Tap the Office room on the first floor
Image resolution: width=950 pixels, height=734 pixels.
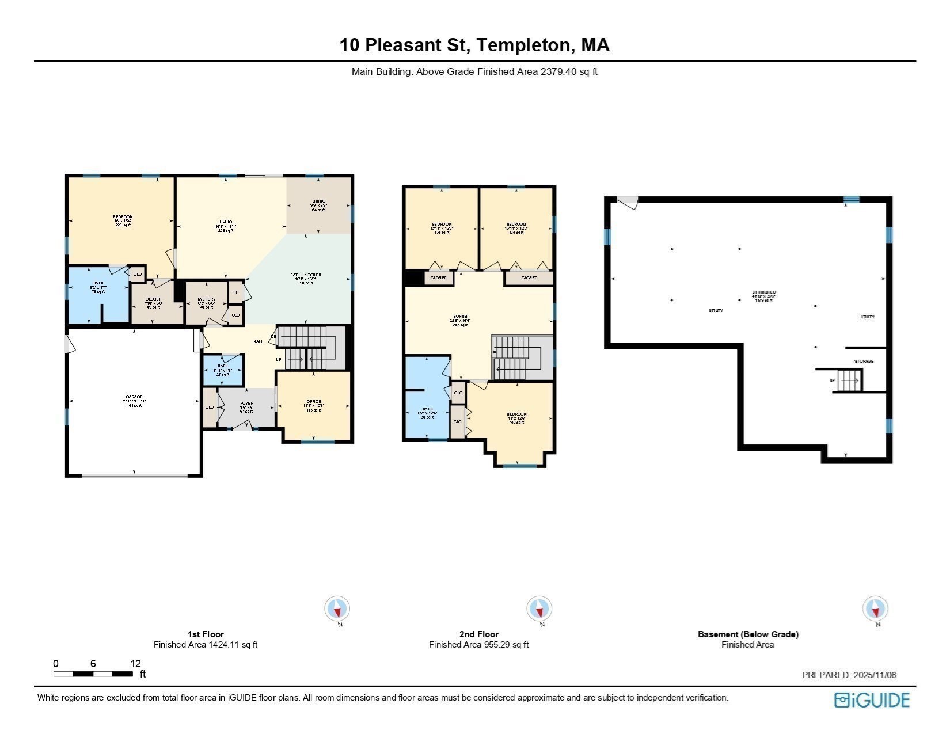[314, 405]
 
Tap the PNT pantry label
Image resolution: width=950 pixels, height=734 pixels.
[235, 292]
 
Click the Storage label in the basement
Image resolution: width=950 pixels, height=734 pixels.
[864, 361]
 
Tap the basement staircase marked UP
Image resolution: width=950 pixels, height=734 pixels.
[848, 381]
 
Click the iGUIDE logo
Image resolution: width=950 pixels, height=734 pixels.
[872, 700]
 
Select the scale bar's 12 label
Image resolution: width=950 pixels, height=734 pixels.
[136, 663]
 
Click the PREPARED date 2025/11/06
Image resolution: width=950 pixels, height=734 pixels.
[849, 675]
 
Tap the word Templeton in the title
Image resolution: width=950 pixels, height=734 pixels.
[525, 45]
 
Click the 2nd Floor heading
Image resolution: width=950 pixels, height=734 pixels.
[479, 634]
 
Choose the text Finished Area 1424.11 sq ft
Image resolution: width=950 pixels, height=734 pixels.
[206, 645]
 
